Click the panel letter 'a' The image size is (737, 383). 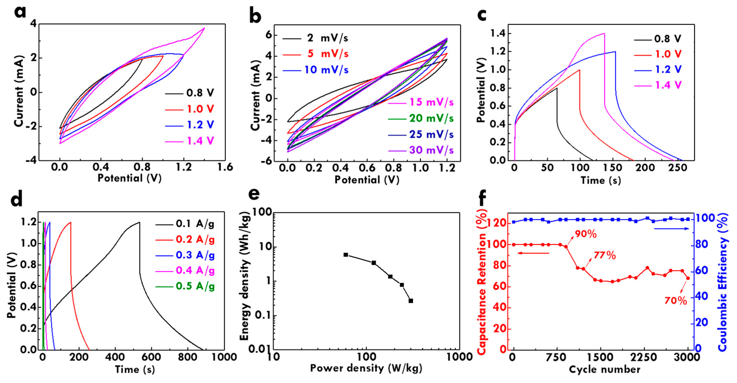pyautogui.click(x=20, y=12)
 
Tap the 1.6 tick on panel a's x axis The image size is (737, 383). pyautogui.click(x=225, y=167)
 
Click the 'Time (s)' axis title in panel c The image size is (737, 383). pyautogui.click(x=601, y=180)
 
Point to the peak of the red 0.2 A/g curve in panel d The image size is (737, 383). pyautogui.click(x=70, y=222)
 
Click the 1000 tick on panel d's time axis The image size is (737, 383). pyautogui.click(x=224, y=357)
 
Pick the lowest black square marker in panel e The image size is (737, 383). pyautogui.click(x=411, y=301)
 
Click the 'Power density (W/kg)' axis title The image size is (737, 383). pyautogui.click(x=366, y=368)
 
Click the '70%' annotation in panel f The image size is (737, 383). pyautogui.click(x=676, y=301)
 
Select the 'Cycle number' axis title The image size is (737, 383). pyautogui.click(x=604, y=369)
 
